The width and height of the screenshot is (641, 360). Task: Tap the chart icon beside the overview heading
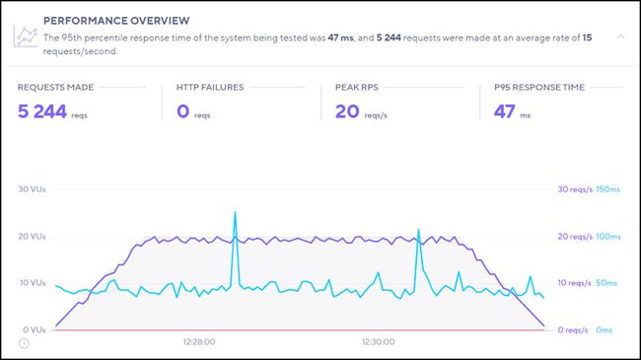(x=27, y=36)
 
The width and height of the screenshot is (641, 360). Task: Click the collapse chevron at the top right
(x=620, y=36)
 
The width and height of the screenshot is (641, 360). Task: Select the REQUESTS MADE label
(x=56, y=88)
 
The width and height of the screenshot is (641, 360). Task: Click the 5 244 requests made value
(x=42, y=110)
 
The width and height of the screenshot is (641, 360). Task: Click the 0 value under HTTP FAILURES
(x=182, y=110)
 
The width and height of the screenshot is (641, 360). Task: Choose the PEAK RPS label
(x=358, y=88)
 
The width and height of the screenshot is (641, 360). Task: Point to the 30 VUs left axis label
(x=36, y=189)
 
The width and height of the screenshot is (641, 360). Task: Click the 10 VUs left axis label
(x=36, y=283)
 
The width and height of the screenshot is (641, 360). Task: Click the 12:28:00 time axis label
(x=199, y=342)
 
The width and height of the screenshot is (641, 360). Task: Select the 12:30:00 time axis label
(x=379, y=342)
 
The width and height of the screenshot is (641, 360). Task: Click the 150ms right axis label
(x=610, y=189)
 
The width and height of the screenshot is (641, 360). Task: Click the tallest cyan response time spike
(x=235, y=213)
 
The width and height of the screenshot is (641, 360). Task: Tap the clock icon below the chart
(x=24, y=343)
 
